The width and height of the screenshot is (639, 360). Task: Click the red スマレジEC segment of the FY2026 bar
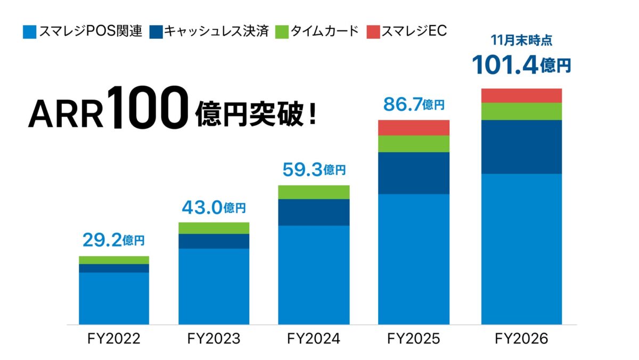(521, 95)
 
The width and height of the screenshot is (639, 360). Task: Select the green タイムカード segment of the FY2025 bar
(414, 144)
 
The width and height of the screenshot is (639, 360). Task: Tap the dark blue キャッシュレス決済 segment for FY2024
(314, 212)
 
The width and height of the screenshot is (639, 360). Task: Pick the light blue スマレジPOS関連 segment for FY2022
(113, 298)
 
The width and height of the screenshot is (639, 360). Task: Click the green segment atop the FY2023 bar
(214, 228)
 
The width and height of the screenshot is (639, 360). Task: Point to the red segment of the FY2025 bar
(414, 128)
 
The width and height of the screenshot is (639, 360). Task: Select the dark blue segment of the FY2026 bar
(521, 147)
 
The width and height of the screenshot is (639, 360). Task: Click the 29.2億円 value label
(113, 241)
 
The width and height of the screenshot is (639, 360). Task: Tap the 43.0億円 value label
(214, 207)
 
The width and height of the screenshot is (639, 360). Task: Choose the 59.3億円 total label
(314, 170)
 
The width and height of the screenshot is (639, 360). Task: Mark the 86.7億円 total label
(414, 105)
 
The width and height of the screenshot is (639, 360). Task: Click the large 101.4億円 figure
(521, 65)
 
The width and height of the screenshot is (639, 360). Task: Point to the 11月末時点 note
(521, 39)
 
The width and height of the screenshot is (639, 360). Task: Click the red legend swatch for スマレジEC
(374, 31)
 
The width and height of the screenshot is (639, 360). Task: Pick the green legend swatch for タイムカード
(282, 31)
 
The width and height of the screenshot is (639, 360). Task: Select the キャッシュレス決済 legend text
(216, 31)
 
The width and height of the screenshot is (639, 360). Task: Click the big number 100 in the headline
(150, 109)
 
